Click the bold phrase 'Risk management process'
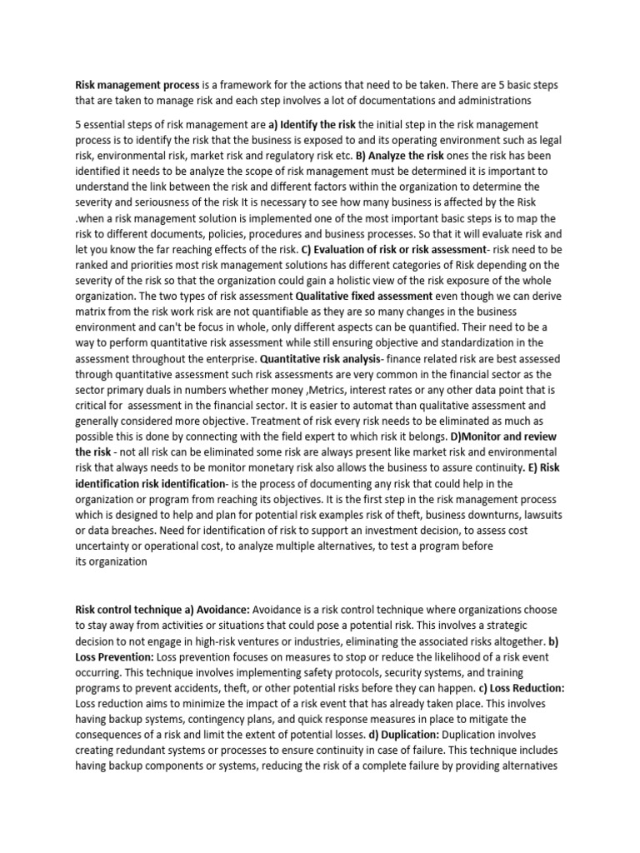pyautogui.click(x=137, y=85)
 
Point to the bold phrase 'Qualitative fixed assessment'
pyautogui.click(x=364, y=295)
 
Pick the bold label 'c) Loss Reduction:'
pyautogui.click(x=522, y=688)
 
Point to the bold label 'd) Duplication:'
pyautogui.click(x=404, y=736)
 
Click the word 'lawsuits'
pyautogui.click(x=540, y=515)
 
